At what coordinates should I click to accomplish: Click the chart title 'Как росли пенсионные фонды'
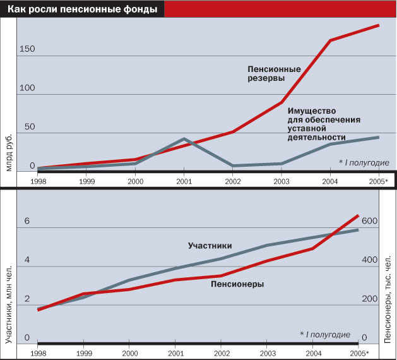pyautogui.click(x=81, y=9)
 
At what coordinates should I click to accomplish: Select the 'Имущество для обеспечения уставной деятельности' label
pyautogui.click(x=324, y=124)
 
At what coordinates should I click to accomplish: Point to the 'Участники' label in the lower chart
pyautogui.click(x=210, y=246)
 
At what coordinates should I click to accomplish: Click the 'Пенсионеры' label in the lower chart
pyautogui.click(x=237, y=284)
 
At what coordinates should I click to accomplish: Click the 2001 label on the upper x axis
pyautogui.click(x=184, y=181)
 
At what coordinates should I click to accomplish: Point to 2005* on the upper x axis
pyautogui.click(x=379, y=181)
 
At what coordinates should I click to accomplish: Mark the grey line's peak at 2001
pyautogui.click(x=184, y=138)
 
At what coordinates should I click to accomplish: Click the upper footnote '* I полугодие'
pyautogui.click(x=363, y=162)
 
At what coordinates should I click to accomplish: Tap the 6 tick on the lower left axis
pyautogui.click(x=27, y=222)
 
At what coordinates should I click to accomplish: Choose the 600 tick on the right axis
pyautogui.click(x=370, y=221)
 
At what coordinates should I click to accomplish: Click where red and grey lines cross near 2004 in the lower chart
pyautogui.click(x=329, y=236)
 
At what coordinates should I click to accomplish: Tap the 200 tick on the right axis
pyautogui.click(x=370, y=299)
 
